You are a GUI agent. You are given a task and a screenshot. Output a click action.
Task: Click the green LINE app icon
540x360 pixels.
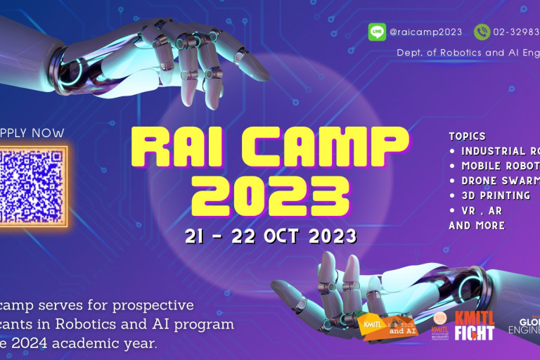pos(377,32)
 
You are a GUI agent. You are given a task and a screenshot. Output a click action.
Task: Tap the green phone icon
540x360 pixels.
pos(482,32)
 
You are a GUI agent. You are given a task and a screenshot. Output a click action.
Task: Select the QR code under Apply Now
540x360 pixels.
pos(32,186)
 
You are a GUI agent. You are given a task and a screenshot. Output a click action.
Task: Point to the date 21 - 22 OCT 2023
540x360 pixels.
pos(270,236)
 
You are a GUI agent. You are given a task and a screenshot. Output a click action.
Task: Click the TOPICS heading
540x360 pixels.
pos(468,136)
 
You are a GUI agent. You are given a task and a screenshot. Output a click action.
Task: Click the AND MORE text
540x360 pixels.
pos(477,226)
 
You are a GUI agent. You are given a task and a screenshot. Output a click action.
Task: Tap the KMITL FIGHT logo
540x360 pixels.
pos(474,325)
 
